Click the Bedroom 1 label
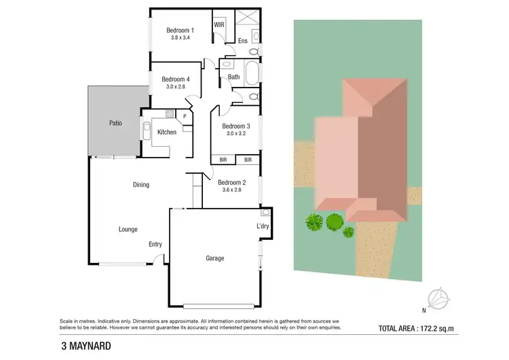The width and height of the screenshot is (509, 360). point(180,30)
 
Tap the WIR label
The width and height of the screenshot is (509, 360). point(219,24)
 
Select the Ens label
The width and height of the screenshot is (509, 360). point(242,41)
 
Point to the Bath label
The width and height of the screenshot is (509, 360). point(233,77)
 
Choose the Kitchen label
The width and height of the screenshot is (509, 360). point(167,132)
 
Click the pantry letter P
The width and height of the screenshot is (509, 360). point(184,116)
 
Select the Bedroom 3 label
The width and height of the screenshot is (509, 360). point(236,126)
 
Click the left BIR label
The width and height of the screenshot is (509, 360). point(223,160)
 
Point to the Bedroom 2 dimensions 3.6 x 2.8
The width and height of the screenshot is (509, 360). point(231,190)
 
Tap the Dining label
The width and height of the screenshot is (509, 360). point(140,185)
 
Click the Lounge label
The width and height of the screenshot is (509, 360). point(128,229)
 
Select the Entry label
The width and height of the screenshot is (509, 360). point(155,244)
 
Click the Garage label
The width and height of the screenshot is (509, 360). point(215,258)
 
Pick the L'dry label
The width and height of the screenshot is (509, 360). point(263,226)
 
